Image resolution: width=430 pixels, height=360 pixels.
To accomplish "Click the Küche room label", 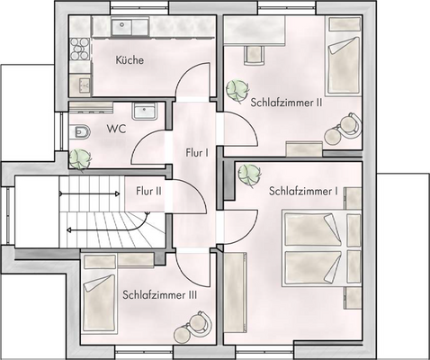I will click(x=130, y=61).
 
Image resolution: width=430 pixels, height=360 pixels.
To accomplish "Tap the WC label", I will click(x=116, y=129).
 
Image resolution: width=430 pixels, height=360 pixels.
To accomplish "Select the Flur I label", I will click(x=197, y=152).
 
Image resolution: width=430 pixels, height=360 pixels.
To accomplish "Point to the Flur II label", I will click(x=148, y=191).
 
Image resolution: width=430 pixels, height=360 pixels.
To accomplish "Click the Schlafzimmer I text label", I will click(x=303, y=191).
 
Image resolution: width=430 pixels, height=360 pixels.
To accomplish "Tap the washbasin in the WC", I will click(x=144, y=112).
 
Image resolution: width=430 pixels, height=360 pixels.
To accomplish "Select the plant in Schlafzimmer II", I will click(x=238, y=89).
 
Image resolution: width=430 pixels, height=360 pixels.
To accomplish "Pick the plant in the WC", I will click(x=81, y=158).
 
